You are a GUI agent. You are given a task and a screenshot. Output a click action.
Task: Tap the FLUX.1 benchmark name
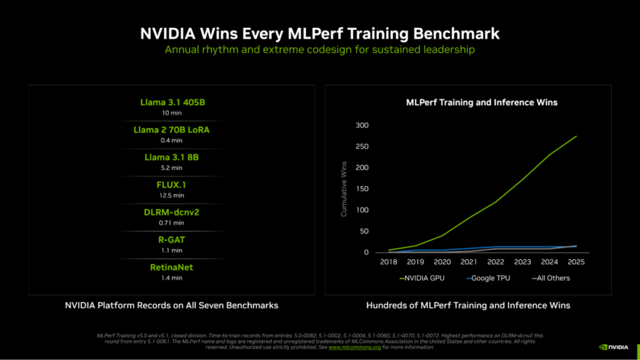[171, 185]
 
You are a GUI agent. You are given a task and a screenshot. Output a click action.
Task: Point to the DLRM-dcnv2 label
[171, 212]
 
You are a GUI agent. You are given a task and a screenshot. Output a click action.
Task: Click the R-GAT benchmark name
[171, 239]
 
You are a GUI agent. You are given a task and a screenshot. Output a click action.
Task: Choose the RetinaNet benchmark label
[171, 267]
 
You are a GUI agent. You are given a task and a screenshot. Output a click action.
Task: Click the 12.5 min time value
[171, 195]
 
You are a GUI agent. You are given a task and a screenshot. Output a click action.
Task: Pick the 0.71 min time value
[171, 223]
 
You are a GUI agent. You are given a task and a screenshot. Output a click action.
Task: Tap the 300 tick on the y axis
[362, 125]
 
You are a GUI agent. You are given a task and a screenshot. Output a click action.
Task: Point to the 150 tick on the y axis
[362, 189]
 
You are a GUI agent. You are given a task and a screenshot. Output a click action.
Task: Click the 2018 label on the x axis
[388, 262]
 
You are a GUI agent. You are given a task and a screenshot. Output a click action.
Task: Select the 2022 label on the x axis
[495, 262]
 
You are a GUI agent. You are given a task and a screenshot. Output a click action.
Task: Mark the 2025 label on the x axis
[576, 262]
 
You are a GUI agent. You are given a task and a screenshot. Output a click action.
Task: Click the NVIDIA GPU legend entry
[422, 278]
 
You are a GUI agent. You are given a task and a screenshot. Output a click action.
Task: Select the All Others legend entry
[551, 278]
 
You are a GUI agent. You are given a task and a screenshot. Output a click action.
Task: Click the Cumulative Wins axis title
[344, 189]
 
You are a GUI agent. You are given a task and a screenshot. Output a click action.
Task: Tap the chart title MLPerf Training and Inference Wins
[482, 103]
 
